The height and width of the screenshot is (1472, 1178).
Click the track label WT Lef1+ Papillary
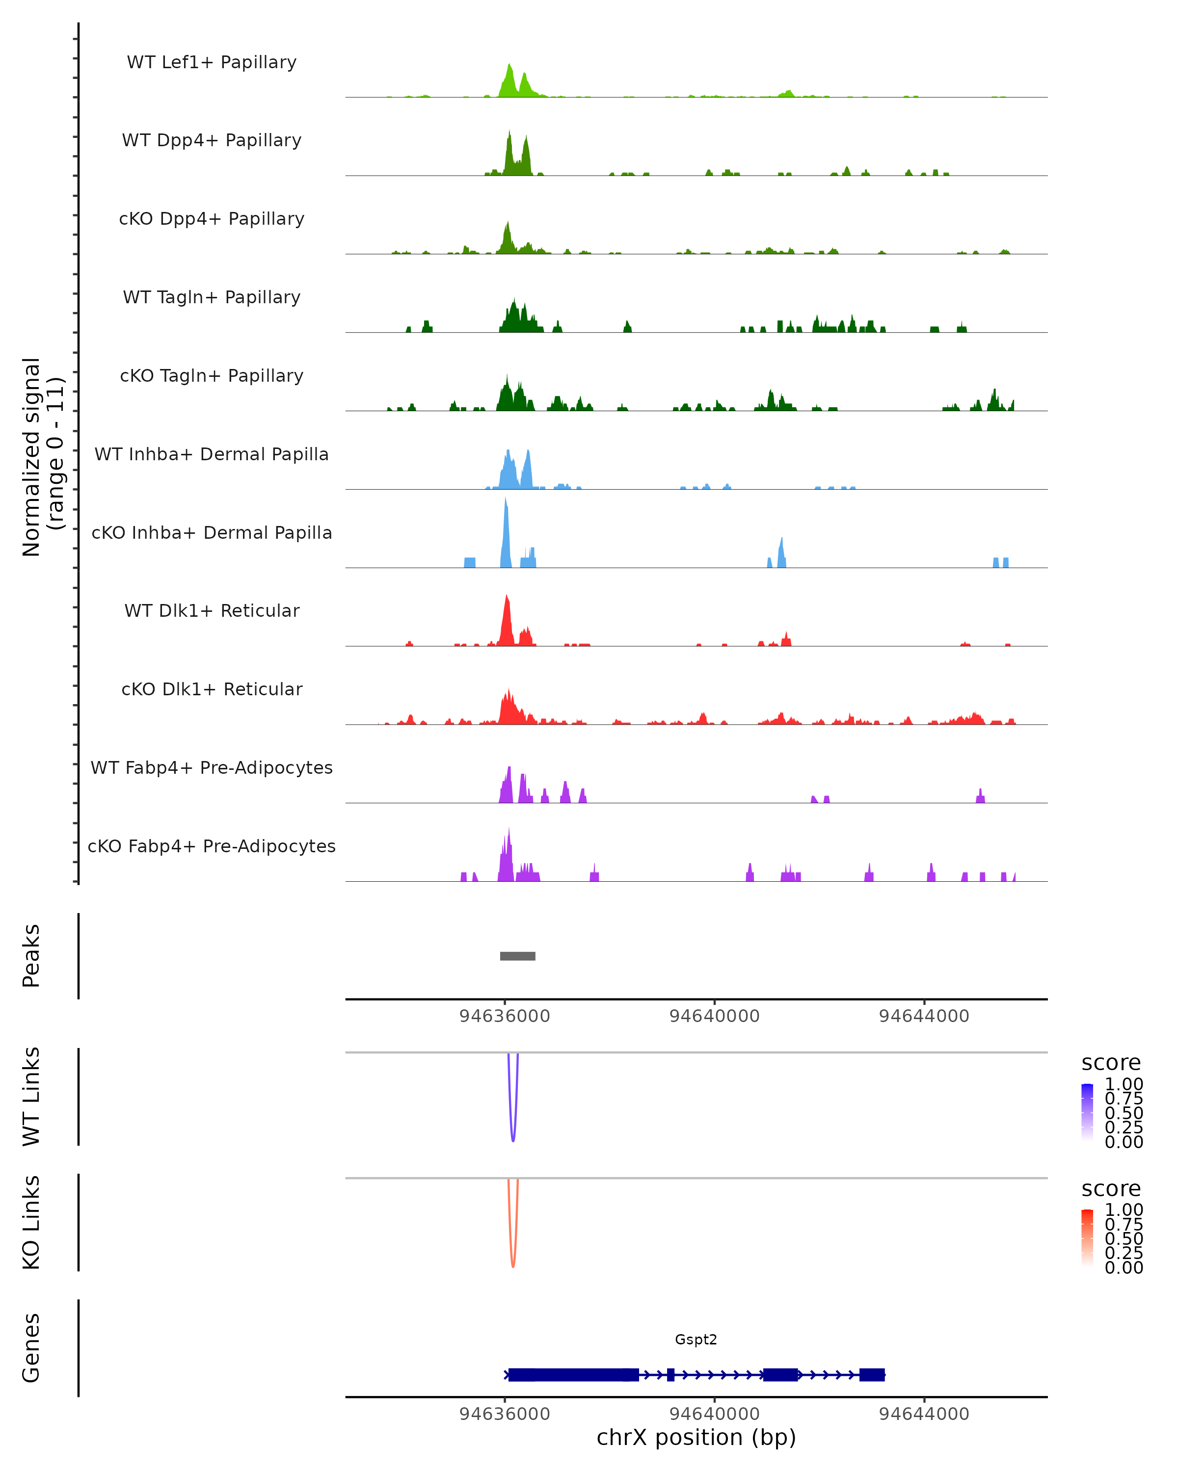click(212, 62)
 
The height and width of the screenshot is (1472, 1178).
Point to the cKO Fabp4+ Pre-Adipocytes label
click(212, 846)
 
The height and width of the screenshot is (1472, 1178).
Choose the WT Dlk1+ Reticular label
click(212, 610)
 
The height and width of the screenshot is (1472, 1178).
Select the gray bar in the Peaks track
click(518, 956)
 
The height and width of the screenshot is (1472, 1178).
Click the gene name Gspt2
click(696, 1340)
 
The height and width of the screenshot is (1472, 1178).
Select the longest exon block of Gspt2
click(574, 1374)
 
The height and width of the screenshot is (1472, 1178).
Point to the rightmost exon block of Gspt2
click(872, 1374)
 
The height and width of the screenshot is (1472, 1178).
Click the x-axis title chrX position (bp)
click(696, 1437)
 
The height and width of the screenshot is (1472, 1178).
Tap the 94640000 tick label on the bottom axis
click(714, 1413)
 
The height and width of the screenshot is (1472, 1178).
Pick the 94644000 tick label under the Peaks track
click(924, 1016)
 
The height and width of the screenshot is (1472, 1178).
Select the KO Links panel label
click(31, 1222)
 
